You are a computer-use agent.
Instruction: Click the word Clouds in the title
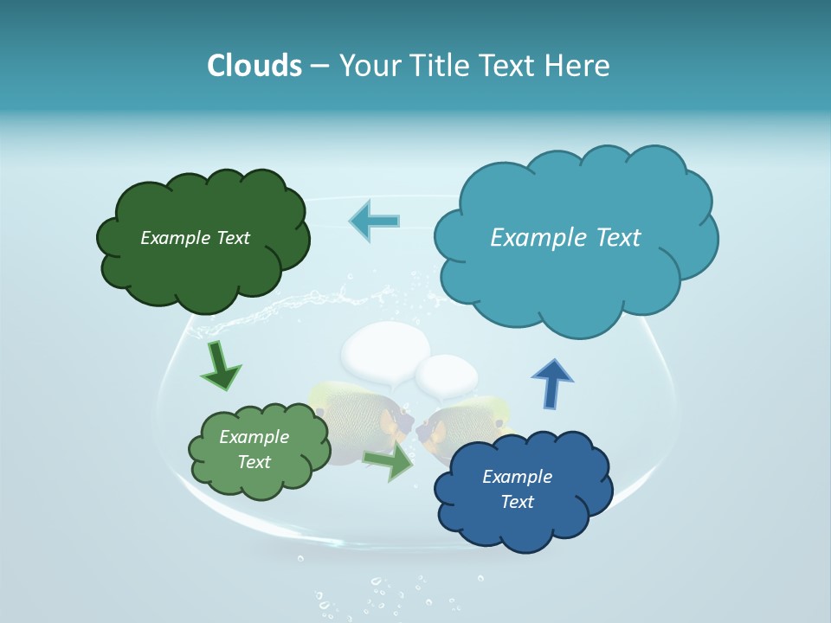[x=254, y=66]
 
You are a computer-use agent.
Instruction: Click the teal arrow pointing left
[x=374, y=221]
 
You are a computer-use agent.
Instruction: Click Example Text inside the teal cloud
[x=565, y=238]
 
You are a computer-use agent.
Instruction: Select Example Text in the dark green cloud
[x=195, y=238]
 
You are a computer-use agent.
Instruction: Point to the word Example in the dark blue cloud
[x=517, y=477]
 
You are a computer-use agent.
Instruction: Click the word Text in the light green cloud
[x=254, y=462]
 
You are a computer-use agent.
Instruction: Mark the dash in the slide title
[x=319, y=67]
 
